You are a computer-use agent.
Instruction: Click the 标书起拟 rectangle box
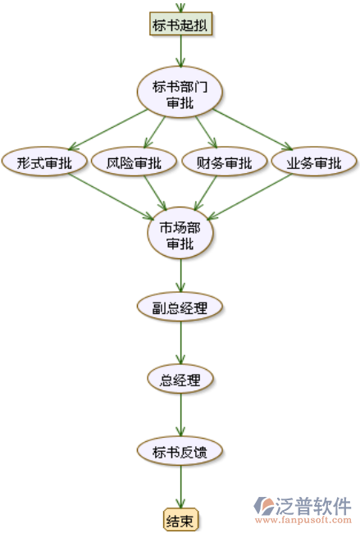point(181,24)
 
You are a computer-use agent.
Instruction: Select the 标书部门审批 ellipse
point(180,92)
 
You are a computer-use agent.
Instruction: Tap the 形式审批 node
point(44,162)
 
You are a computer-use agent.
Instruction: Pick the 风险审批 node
point(134,162)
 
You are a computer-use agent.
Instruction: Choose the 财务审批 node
point(225,162)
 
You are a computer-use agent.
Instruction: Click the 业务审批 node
point(314,162)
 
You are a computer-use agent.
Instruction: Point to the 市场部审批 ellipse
point(180,233)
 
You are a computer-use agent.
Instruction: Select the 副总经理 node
point(180,307)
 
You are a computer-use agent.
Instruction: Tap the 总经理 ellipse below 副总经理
point(180,379)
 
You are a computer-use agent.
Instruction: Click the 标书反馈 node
point(180,451)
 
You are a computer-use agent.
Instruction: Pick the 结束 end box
point(180,520)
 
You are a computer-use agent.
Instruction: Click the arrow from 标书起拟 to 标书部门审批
point(181,51)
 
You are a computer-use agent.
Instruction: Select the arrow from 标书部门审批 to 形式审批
point(108,130)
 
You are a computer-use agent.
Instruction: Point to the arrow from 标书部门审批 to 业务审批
point(253,130)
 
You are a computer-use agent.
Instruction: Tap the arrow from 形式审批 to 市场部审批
point(112,196)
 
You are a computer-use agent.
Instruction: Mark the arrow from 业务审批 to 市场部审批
point(249,196)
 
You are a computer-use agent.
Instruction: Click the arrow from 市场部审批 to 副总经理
point(181,276)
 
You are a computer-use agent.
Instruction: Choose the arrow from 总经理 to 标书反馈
point(181,415)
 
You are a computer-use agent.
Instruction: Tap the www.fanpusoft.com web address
point(303,520)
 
